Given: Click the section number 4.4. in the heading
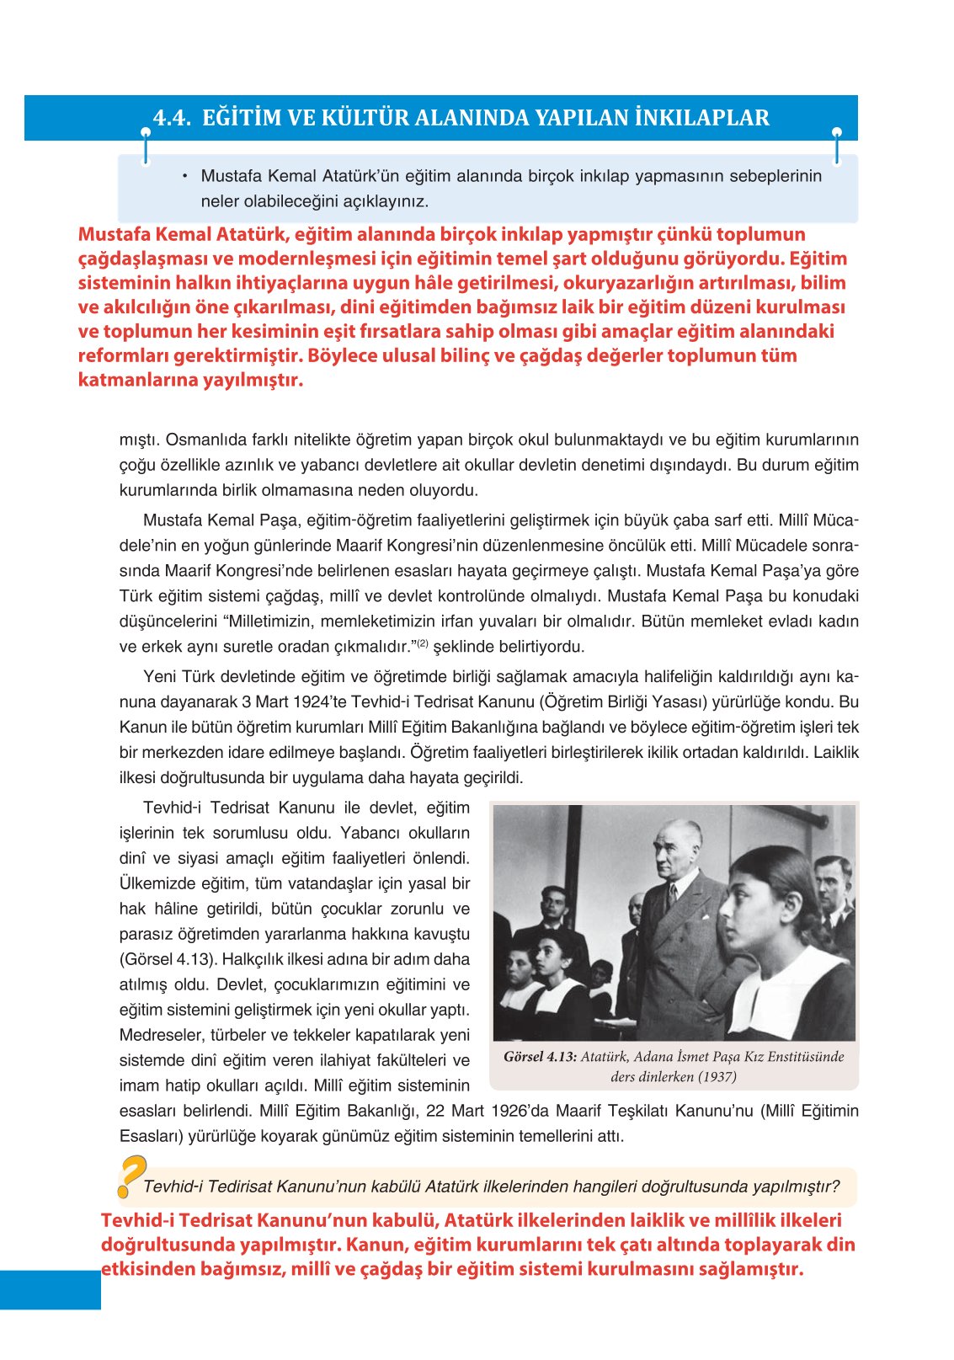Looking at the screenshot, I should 172,118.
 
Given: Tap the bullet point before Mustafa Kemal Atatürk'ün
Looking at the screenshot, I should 184,176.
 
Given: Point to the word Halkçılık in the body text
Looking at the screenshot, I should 254,959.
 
